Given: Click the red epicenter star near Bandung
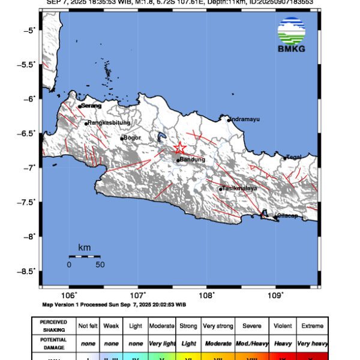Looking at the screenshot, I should click(x=179, y=148).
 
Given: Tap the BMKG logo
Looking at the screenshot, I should click(x=291, y=35).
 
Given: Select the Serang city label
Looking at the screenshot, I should click(x=92, y=106).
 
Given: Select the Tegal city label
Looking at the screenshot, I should click(x=293, y=157).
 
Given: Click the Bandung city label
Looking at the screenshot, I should click(x=193, y=160).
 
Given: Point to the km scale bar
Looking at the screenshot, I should click(x=84, y=256).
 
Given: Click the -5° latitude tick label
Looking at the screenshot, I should click(x=30, y=30).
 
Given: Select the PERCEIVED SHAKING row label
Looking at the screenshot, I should click(x=53, y=326).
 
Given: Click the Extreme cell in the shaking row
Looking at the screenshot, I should click(x=312, y=326).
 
